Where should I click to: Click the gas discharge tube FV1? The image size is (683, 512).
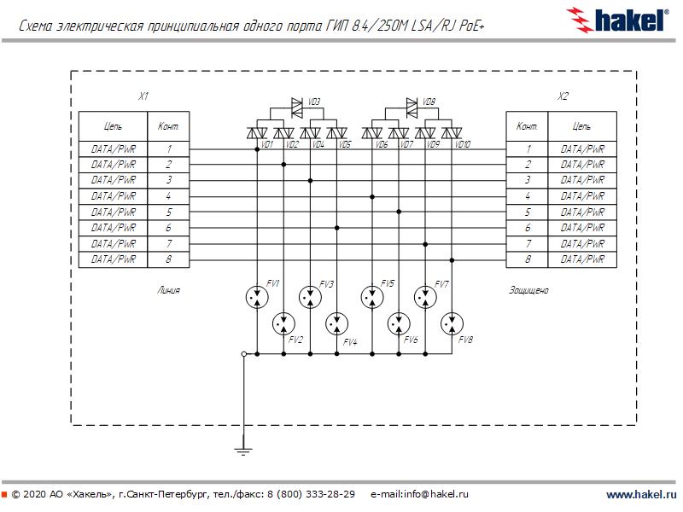click(x=255, y=296)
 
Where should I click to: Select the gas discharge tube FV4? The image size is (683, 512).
click(x=337, y=323)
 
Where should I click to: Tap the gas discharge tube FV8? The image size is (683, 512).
click(x=452, y=323)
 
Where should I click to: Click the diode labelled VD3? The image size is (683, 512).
click(x=298, y=108)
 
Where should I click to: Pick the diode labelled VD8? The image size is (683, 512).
click(x=412, y=108)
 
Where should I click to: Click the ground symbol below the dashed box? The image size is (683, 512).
click(x=243, y=446)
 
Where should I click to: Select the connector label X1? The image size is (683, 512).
click(x=143, y=96)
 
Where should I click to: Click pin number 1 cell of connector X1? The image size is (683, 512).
click(x=169, y=148)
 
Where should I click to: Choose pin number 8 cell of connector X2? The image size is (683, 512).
click(x=528, y=259)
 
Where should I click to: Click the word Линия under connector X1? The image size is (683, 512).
click(x=169, y=290)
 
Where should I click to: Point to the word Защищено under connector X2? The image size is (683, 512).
click(x=528, y=290)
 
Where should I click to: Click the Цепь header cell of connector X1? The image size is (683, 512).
click(x=113, y=126)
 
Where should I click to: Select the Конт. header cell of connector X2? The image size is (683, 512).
click(x=527, y=126)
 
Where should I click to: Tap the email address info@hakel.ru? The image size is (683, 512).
click(x=420, y=494)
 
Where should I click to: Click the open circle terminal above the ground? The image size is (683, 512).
click(x=243, y=353)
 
